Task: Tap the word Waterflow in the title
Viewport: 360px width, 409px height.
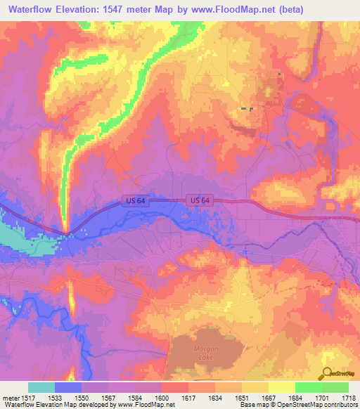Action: click(34, 9)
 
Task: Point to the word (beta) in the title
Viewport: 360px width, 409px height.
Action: click(337, 9)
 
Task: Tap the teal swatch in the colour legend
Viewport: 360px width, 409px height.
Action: click(41, 387)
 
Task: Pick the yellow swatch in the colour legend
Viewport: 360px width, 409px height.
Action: click(281, 387)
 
